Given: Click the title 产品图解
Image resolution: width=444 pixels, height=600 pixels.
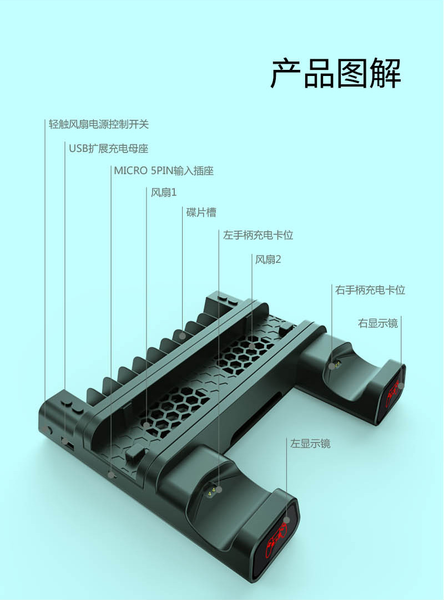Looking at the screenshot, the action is [336, 73].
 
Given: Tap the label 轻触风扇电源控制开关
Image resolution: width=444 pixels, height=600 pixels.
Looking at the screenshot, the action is [99, 124].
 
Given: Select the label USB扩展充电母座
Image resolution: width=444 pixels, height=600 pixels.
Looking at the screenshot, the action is [108, 149].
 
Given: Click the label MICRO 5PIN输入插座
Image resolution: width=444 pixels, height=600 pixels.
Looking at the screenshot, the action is [164, 171].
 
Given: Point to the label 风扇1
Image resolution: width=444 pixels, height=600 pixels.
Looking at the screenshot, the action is [164, 192].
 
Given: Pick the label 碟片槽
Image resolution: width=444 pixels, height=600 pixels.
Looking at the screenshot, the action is [201, 212].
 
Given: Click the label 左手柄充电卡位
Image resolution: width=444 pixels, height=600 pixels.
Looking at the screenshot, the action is [258, 235].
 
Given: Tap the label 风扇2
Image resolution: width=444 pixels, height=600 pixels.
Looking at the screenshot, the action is [268, 260].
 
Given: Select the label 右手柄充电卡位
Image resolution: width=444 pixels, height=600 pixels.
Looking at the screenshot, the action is [370, 290].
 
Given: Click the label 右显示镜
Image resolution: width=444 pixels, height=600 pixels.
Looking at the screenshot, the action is [378, 323].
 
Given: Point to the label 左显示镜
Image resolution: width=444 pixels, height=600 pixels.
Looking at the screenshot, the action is [310, 444].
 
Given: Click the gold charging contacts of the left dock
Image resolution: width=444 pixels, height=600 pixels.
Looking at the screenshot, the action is [212, 491].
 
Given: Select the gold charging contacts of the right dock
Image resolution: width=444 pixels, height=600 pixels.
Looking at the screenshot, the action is [336, 365].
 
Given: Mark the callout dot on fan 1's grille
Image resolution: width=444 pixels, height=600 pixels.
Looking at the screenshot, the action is [147, 424].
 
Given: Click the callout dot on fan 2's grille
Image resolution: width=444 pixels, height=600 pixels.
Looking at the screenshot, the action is [253, 347].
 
